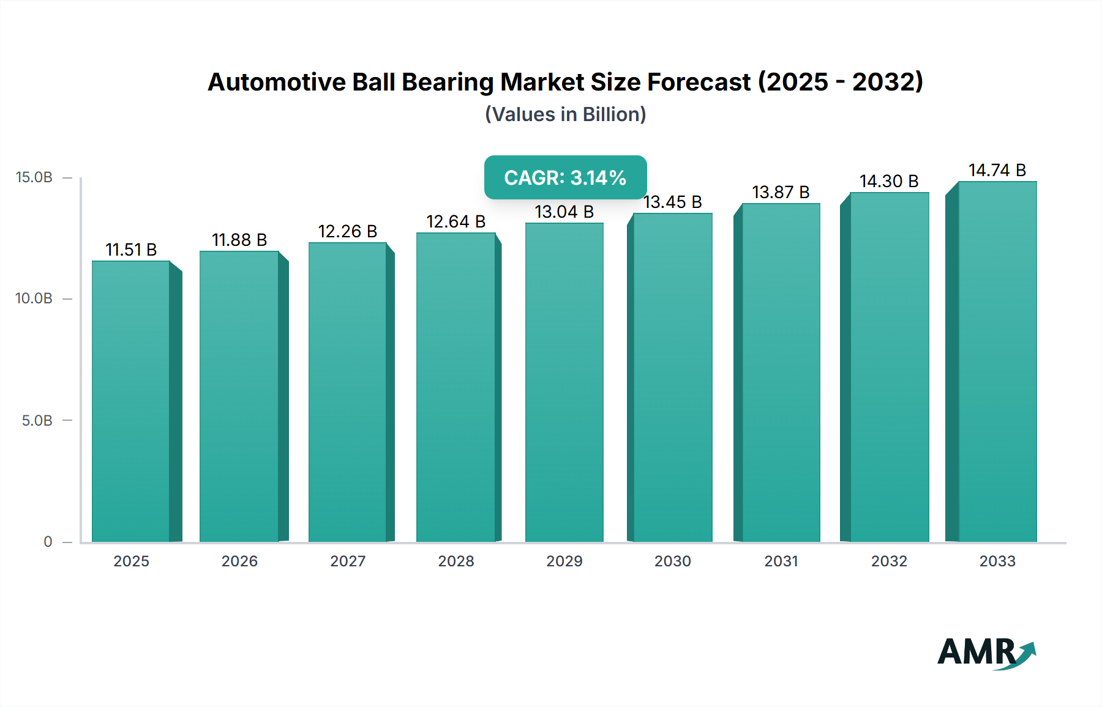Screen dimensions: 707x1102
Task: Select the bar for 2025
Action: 131,401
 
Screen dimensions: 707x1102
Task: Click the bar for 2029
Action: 564,382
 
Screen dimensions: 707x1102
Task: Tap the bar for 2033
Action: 997,361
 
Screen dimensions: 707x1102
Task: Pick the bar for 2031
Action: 781,372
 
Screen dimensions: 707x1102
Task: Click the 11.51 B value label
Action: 131,250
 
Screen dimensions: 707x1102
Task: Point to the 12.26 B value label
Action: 347,231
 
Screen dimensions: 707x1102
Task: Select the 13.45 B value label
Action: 672,202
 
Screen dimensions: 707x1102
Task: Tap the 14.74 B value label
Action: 997,170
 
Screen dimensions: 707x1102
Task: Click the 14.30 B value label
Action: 889,181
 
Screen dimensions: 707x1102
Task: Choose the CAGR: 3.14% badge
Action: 565,177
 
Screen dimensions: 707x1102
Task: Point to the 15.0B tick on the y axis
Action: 34,177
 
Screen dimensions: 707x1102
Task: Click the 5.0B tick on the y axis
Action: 37,421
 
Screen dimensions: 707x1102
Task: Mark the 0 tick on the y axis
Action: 48,542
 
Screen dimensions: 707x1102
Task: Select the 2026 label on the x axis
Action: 239,561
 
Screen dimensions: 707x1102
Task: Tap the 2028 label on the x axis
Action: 456,561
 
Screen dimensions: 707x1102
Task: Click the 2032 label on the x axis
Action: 889,561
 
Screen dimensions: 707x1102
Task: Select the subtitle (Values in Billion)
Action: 565,114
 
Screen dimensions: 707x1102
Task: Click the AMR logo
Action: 986,653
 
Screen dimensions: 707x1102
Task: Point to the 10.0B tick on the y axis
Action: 34,298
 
